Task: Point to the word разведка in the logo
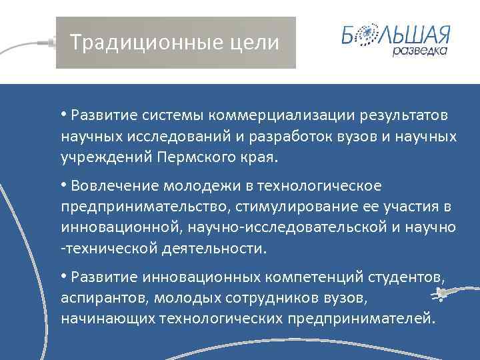tap(420, 51)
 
